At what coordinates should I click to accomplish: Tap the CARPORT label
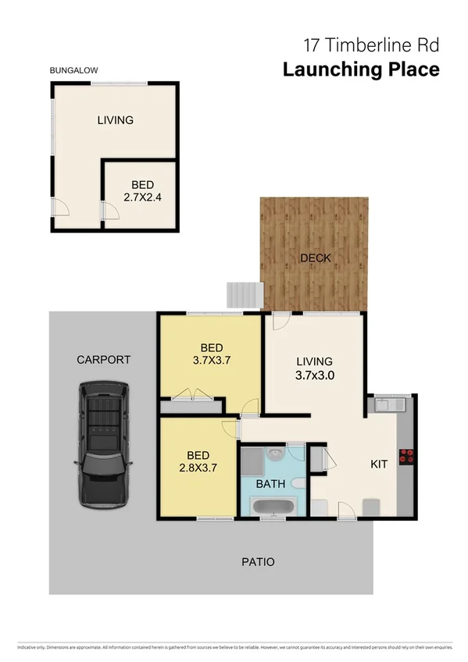coord(103,360)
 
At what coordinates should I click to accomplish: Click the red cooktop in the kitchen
coord(405,457)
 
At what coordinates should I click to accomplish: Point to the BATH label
coord(270,484)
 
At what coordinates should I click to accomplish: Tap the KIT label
coord(379,464)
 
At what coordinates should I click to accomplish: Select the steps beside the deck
coord(242,295)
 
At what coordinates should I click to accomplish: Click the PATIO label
coord(257,561)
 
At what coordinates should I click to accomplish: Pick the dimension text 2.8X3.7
coord(198,468)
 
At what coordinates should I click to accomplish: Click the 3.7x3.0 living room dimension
coord(315,375)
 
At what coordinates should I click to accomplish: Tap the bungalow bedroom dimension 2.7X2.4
coord(141,198)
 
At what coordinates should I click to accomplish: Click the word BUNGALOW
coord(73,70)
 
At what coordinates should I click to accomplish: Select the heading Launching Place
coord(361,69)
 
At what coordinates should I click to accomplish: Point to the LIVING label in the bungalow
coord(115,120)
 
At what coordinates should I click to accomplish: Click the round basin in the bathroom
coord(274,454)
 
